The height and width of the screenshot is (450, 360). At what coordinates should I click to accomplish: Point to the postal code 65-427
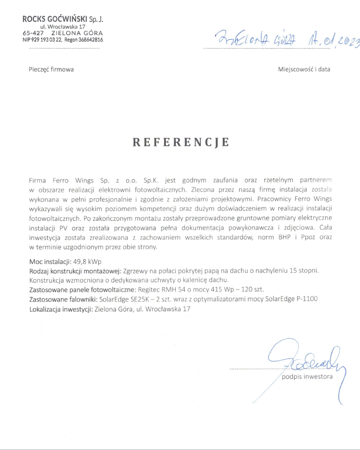tap(32, 33)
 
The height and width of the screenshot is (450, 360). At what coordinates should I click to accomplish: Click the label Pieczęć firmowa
tap(51, 69)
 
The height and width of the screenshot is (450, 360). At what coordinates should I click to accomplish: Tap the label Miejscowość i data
tap(304, 69)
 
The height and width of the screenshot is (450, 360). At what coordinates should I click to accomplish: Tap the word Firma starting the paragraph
tap(38, 180)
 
